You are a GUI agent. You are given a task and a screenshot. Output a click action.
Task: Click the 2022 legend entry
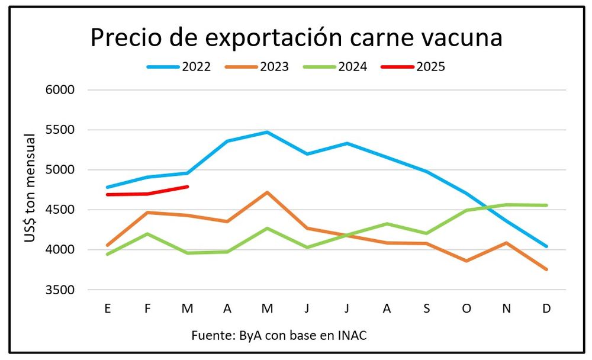click(x=179, y=67)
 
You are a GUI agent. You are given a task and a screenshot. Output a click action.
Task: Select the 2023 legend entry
click(x=257, y=67)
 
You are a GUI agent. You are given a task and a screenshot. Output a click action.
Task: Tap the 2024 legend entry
click(x=335, y=67)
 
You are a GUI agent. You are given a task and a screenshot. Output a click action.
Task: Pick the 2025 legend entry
click(x=413, y=67)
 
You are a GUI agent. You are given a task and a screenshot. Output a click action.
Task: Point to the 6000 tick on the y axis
click(x=60, y=90)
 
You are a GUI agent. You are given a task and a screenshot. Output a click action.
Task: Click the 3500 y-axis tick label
click(x=60, y=290)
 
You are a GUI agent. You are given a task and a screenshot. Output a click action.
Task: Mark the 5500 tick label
click(x=60, y=130)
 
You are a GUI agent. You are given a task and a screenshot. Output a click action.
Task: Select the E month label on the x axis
click(x=108, y=308)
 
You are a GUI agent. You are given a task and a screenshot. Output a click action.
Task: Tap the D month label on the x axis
click(x=546, y=308)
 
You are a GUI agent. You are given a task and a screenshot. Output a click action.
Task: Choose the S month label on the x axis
click(x=427, y=308)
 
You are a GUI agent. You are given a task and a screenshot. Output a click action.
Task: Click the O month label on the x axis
click(x=466, y=308)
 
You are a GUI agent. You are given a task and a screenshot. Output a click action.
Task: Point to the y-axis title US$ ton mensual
click(x=30, y=188)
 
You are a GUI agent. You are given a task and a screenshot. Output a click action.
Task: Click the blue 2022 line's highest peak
click(x=267, y=132)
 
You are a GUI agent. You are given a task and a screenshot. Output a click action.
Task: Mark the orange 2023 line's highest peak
click(x=267, y=192)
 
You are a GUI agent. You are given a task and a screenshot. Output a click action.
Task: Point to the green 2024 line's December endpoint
click(x=546, y=205)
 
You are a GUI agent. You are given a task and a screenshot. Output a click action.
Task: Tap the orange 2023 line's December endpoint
click(x=546, y=269)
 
